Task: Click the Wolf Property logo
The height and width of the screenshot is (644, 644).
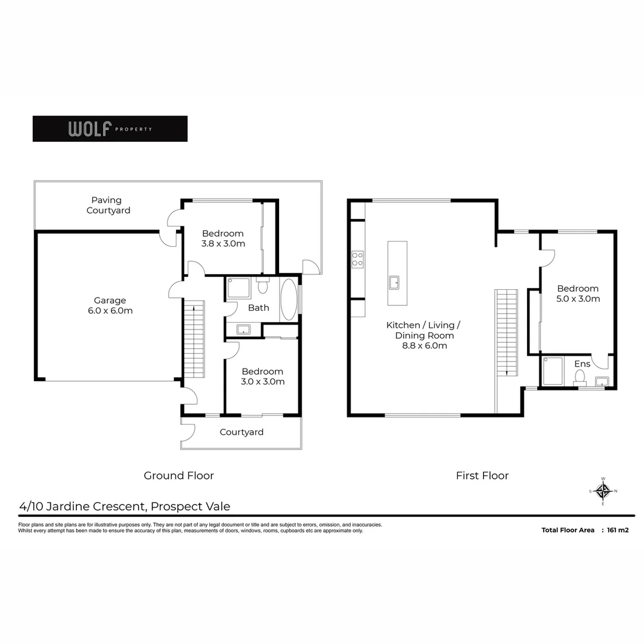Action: pos(110,129)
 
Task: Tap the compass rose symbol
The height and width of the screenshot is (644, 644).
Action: pos(603,491)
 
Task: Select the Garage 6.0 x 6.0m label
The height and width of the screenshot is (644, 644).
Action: pos(109,306)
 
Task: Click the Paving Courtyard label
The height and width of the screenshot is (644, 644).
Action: pos(108,205)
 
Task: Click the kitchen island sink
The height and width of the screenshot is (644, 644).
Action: pos(394,282)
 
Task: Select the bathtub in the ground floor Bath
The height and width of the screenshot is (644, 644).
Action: pos(289,299)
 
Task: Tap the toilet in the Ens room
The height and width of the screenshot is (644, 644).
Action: pos(580,377)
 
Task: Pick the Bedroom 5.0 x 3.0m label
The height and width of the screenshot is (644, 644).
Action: pos(578,293)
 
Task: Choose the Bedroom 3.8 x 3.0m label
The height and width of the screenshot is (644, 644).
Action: pos(223,239)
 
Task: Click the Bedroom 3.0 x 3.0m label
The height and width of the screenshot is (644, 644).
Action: pos(262,376)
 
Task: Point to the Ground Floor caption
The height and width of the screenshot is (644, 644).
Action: pos(178,475)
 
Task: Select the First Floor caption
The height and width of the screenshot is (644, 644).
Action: pos(482,475)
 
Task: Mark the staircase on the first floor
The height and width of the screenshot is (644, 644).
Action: pos(506,332)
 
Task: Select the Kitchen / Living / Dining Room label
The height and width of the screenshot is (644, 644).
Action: pos(423,335)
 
